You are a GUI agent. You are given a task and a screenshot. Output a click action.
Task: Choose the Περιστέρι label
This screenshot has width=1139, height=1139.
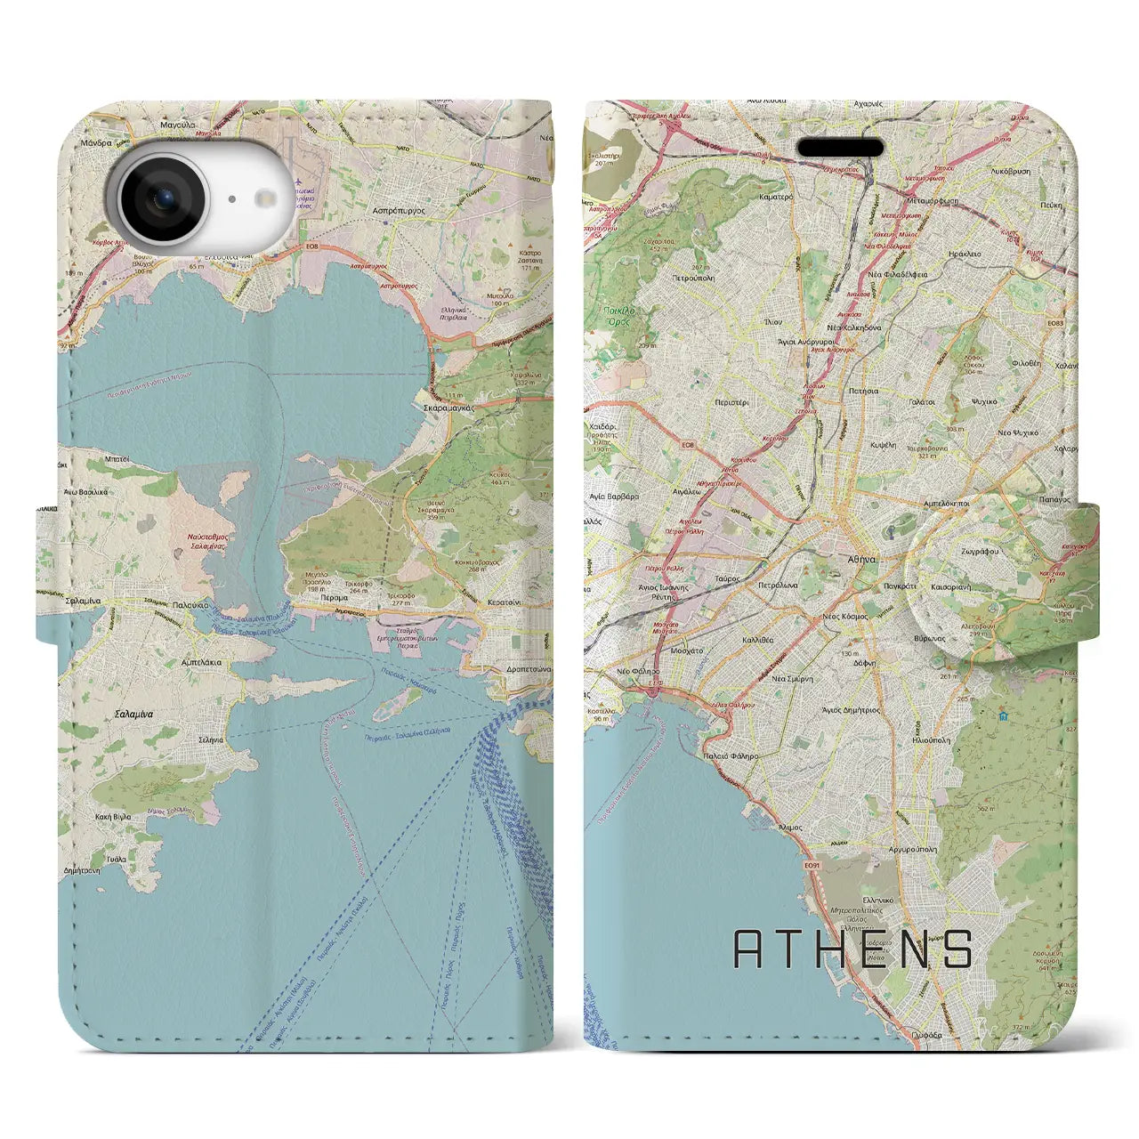point(732,402)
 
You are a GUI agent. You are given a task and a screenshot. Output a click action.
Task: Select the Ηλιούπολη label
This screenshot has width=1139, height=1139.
point(931,739)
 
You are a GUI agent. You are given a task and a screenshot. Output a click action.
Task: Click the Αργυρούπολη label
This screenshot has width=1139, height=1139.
point(912,850)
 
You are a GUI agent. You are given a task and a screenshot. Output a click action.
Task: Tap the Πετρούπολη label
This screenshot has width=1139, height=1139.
point(693,278)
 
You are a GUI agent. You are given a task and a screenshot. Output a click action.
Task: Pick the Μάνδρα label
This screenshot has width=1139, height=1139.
point(95,142)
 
